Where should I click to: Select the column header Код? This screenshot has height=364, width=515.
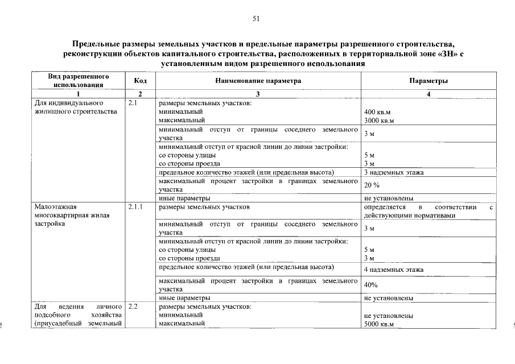(140, 81)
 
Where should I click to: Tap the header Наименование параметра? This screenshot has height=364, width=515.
(258, 81)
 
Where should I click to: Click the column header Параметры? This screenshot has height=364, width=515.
(428, 81)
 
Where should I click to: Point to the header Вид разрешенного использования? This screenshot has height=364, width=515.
(78, 81)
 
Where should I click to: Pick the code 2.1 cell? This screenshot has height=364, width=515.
(134, 103)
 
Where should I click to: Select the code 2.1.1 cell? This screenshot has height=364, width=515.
(136, 207)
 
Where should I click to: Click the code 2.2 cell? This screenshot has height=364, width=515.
(134, 307)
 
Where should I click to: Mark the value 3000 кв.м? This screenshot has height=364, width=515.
(380, 121)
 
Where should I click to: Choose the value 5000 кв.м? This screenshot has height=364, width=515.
(380, 324)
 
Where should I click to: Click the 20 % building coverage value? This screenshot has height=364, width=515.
(372, 185)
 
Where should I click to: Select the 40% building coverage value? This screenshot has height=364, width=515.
(371, 285)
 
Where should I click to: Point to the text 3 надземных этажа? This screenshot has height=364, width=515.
(394, 172)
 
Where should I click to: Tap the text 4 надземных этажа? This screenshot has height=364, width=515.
(394, 270)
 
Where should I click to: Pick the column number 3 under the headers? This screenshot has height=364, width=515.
(258, 94)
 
